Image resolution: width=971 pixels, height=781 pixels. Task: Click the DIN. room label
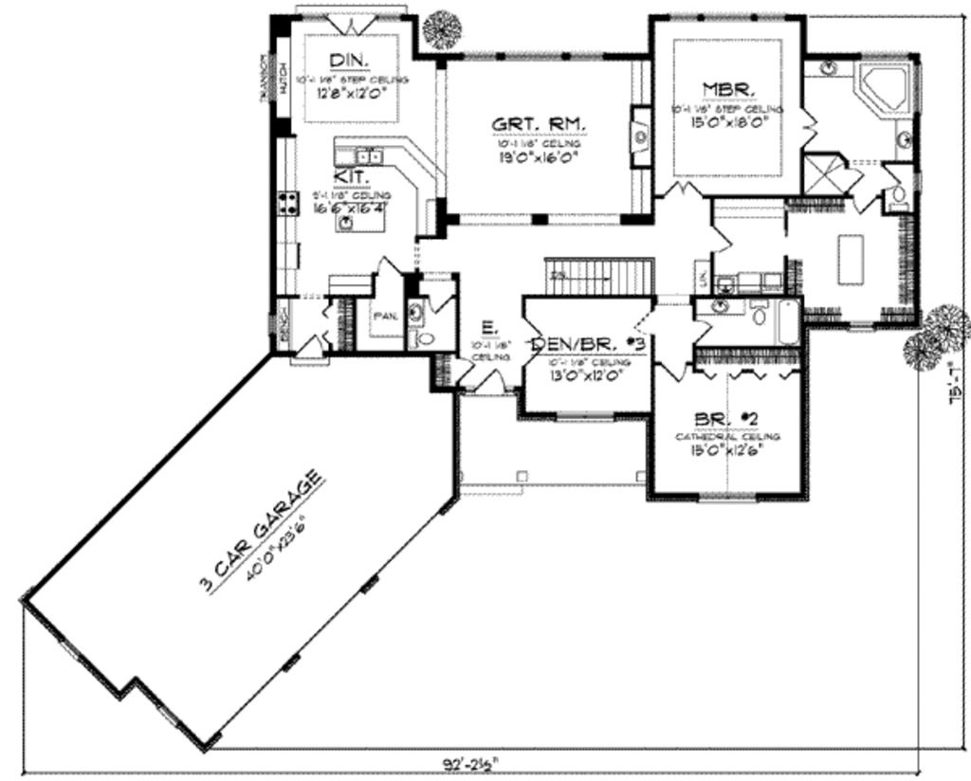pos(351,61)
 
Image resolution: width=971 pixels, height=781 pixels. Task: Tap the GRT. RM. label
pos(539,124)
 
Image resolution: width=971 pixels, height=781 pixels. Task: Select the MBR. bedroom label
pos(728,89)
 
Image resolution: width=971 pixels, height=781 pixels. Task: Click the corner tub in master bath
pos(883,87)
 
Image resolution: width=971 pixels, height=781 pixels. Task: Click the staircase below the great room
pos(600,278)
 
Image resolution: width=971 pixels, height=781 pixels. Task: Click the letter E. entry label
pos(486,327)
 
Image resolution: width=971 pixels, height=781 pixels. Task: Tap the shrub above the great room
pos(442,29)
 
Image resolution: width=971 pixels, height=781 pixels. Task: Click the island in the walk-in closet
pos(851,258)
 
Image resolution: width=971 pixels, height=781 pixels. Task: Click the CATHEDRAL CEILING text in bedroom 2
pos(728,436)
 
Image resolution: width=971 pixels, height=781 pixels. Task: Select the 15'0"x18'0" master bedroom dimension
pos(728,120)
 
